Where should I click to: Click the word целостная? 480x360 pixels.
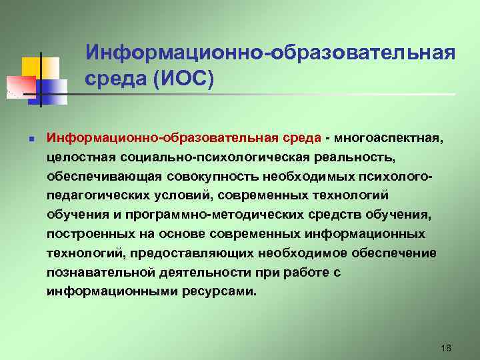click(81, 157)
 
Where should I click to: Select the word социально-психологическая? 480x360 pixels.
click(212, 157)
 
